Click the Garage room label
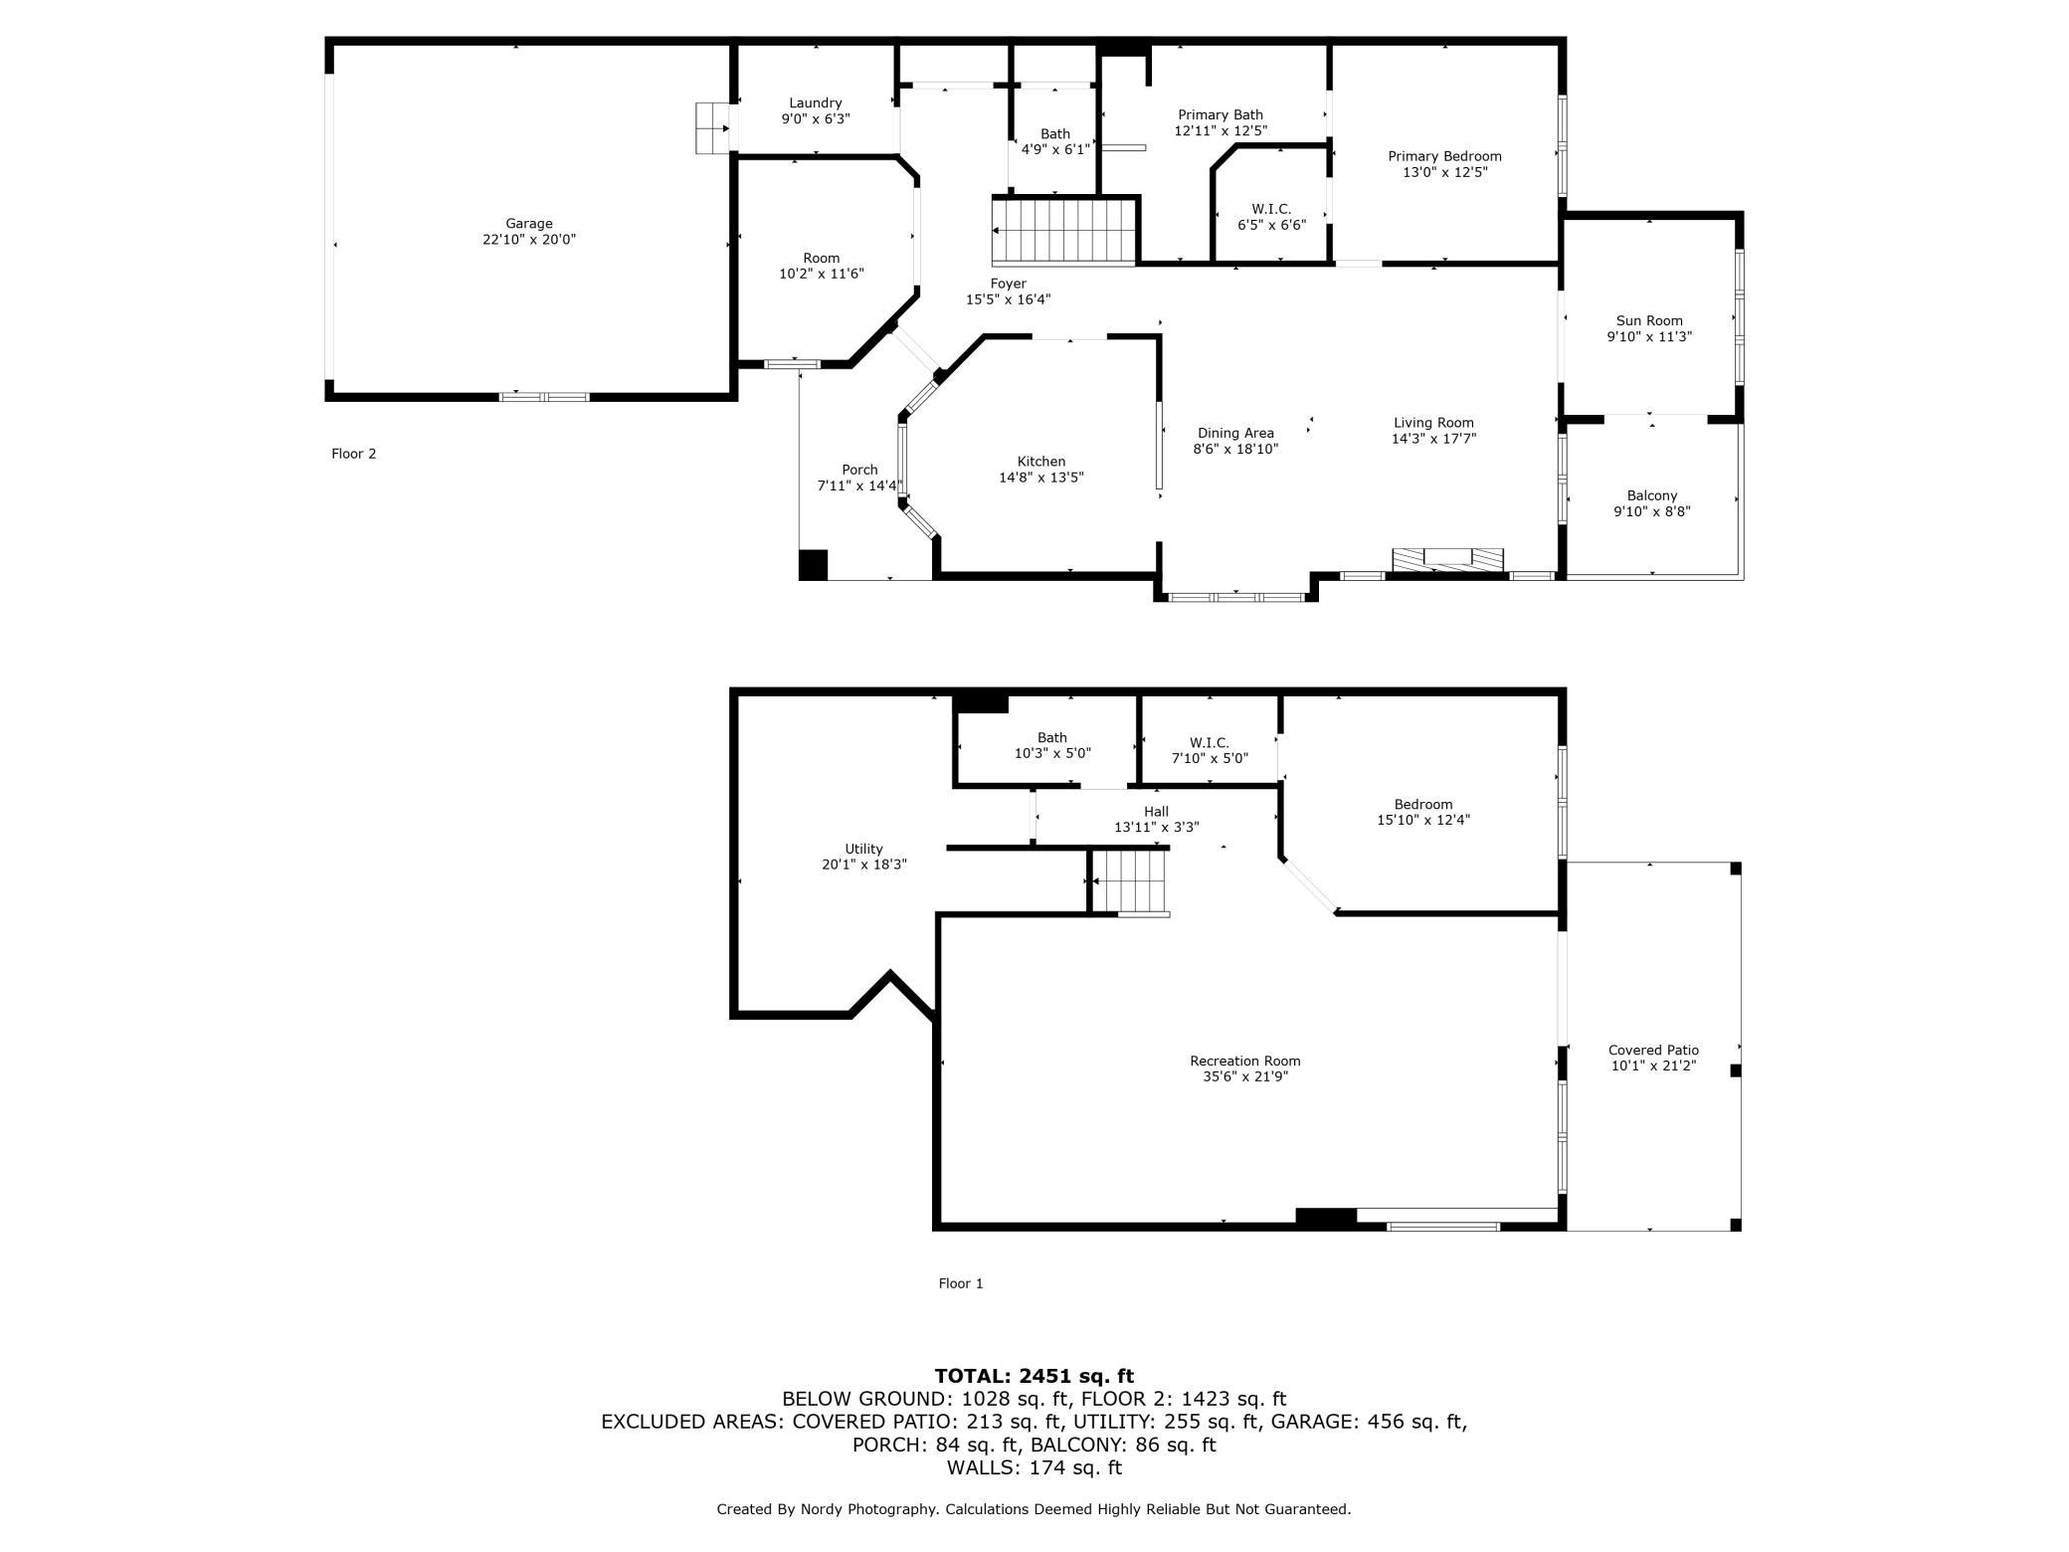click(528, 224)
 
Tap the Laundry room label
click(816, 102)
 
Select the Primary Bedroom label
click(1444, 156)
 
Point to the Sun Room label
click(1649, 320)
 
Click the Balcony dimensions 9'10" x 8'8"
click(1652, 511)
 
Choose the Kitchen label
click(1041, 462)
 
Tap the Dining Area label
click(1235, 433)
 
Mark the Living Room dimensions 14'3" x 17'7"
click(1433, 439)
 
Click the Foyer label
click(1008, 284)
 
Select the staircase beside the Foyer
click(1064, 231)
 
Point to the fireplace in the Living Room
click(1447, 560)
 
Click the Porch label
click(859, 470)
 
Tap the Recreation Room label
click(1245, 1061)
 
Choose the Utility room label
click(863, 849)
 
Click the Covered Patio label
click(1653, 1050)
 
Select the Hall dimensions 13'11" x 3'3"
click(1156, 827)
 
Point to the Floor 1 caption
click(961, 1283)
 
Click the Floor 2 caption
click(353, 454)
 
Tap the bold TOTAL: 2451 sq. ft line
click(1034, 1376)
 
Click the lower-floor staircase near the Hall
click(1129, 880)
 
